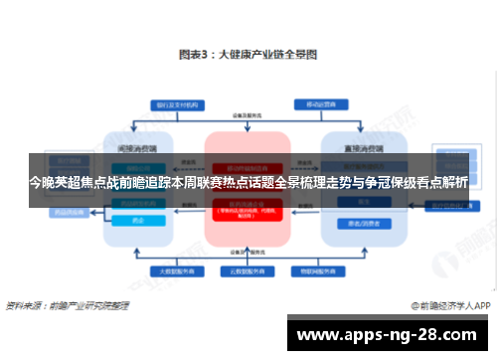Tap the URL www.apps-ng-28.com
387,334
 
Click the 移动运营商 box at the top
319,102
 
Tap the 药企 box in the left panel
138,221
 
